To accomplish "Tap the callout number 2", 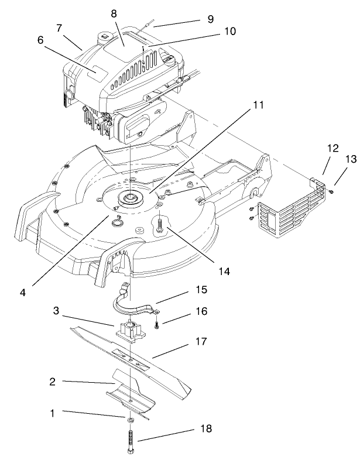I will pyautogui.click(x=52, y=381).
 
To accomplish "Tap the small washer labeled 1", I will pyautogui.click(x=129, y=420).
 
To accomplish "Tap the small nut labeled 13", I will pyautogui.click(x=331, y=191).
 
